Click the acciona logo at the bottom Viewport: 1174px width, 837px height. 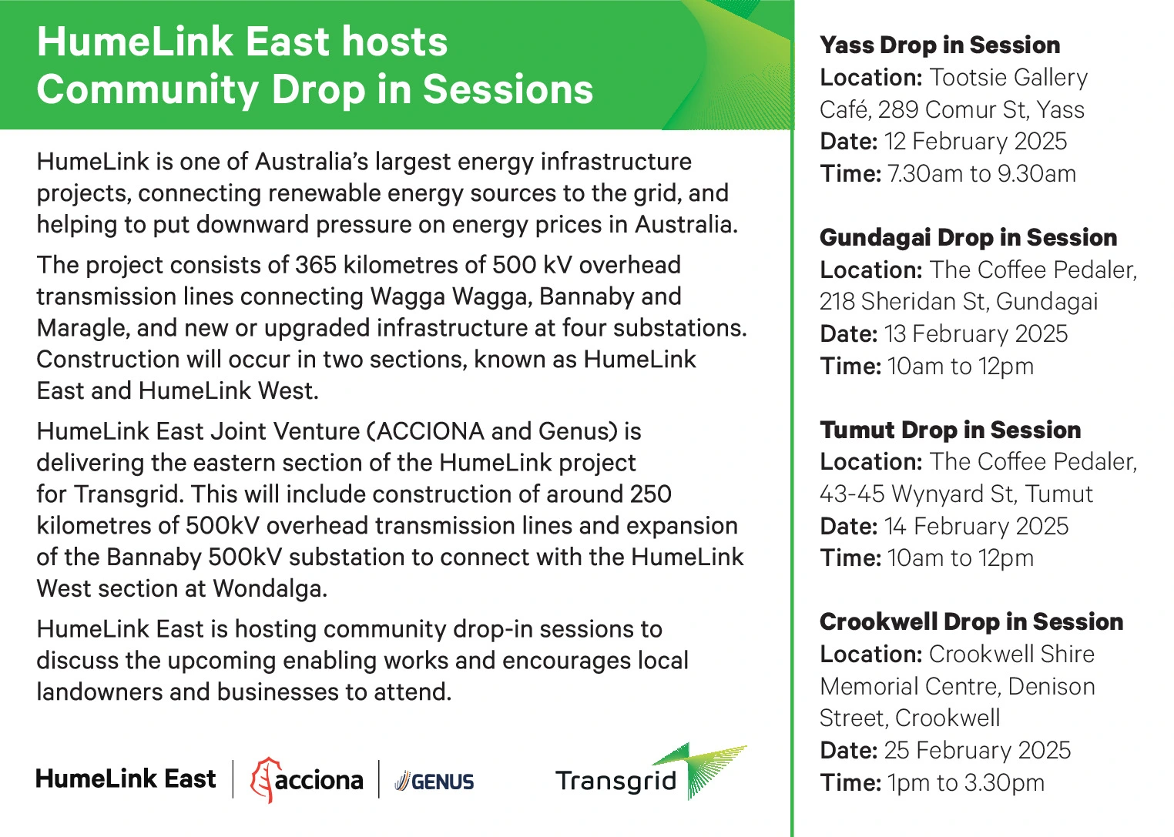click(x=307, y=779)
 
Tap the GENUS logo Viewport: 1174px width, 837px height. click(x=434, y=782)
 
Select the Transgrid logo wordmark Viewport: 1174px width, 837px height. click(x=616, y=781)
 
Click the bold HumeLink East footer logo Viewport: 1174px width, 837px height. click(x=126, y=778)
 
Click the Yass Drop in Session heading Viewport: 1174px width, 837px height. click(x=940, y=45)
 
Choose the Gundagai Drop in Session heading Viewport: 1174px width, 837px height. click(x=968, y=238)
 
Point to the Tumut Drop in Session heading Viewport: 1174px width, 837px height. click(x=950, y=430)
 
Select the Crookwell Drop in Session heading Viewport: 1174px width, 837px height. click(x=971, y=621)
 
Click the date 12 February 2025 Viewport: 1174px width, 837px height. click(x=976, y=142)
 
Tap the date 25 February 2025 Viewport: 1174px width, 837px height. click(x=978, y=750)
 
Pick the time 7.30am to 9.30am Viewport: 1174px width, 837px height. click(x=981, y=174)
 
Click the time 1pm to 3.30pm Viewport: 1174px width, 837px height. click(x=966, y=783)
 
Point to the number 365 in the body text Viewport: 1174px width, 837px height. click(x=316, y=265)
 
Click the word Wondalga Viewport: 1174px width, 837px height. click(x=270, y=589)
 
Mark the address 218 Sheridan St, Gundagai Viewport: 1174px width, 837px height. click(x=958, y=302)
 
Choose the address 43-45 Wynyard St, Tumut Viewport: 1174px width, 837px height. click(x=957, y=494)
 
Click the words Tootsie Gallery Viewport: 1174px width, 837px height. click(x=1009, y=78)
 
